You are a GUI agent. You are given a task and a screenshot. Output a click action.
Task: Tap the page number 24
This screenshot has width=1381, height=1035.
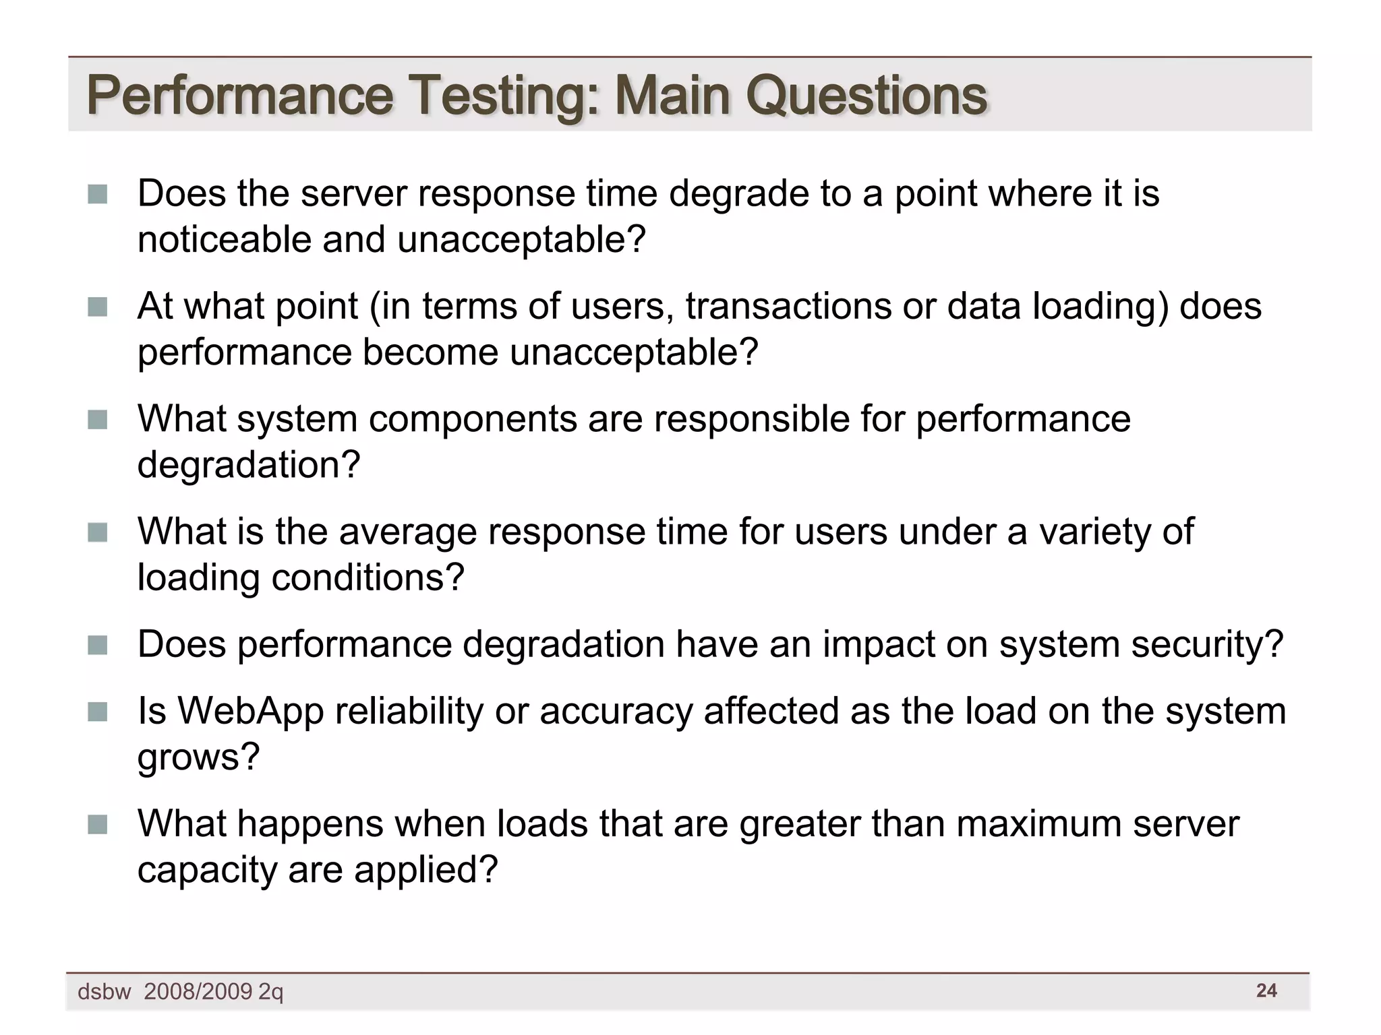pos(1266,991)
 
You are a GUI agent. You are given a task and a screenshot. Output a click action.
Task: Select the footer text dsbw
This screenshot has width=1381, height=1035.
pos(104,992)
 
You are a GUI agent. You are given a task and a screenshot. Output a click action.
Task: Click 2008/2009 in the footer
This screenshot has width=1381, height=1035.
pos(198,992)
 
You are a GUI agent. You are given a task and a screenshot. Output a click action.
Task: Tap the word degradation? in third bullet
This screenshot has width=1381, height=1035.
pos(249,465)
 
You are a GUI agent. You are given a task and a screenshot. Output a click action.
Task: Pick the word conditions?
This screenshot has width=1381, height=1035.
pos(368,577)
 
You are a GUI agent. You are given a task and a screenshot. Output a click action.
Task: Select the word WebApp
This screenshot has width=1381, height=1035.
pos(251,712)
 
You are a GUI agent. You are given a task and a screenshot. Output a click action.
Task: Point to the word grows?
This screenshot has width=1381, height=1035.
pos(198,757)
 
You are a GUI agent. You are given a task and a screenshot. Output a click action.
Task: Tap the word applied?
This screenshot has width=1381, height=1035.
pos(425,870)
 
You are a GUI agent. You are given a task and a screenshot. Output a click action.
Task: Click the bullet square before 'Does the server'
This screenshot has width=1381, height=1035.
pos(98,195)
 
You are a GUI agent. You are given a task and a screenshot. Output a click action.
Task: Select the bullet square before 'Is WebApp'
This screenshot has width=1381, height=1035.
pos(98,712)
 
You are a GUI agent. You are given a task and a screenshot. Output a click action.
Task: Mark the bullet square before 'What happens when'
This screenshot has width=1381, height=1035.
pos(98,825)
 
